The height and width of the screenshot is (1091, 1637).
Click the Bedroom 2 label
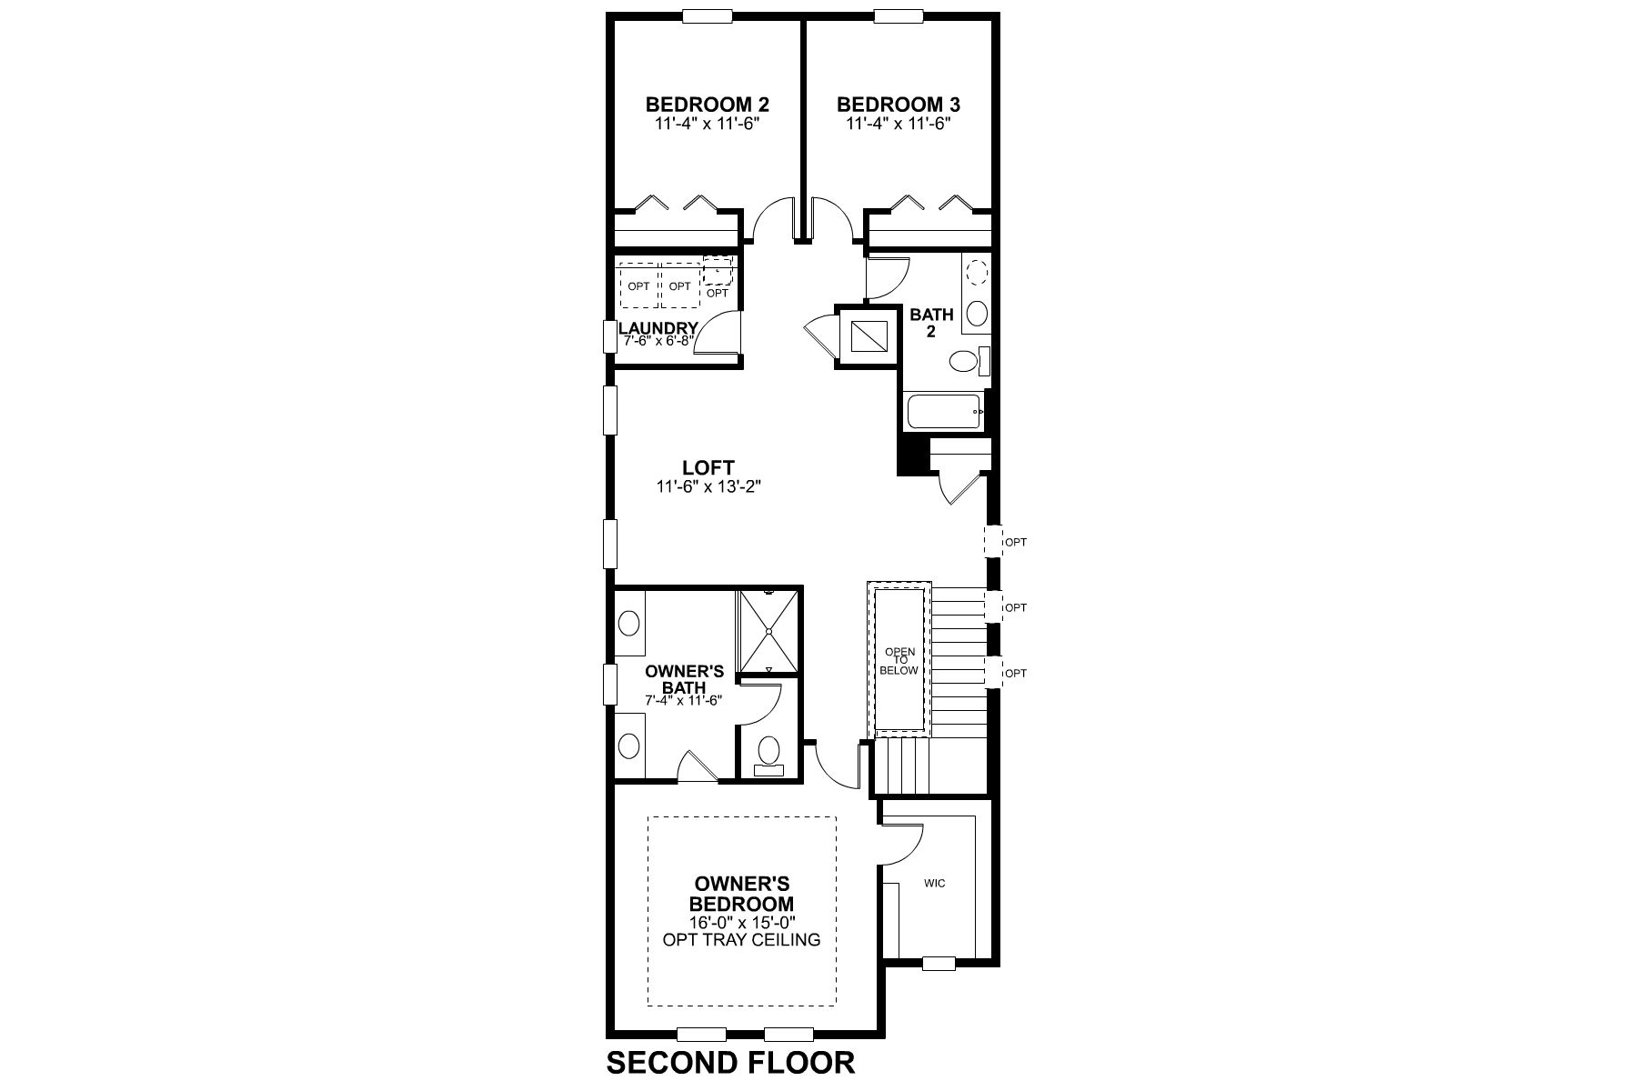click(700, 104)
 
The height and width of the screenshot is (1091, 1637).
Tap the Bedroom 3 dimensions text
click(899, 124)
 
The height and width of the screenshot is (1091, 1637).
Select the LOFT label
click(708, 467)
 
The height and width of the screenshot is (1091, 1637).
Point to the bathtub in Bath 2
click(944, 413)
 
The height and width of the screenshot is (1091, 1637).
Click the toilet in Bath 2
click(962, 363)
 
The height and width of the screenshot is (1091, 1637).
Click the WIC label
click(934, 883)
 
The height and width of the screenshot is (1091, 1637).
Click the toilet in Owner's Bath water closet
click(769, 753)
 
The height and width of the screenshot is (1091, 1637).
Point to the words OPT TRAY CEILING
click(741, 939)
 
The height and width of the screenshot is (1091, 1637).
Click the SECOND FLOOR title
click(730, 1062)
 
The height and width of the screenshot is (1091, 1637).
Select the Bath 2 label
click(931, 323)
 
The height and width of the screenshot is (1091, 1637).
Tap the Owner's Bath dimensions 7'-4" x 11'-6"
click(684, 700)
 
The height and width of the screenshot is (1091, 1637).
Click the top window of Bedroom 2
click(707, 15)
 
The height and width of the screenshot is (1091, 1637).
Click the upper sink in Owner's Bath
click(628, 624)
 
